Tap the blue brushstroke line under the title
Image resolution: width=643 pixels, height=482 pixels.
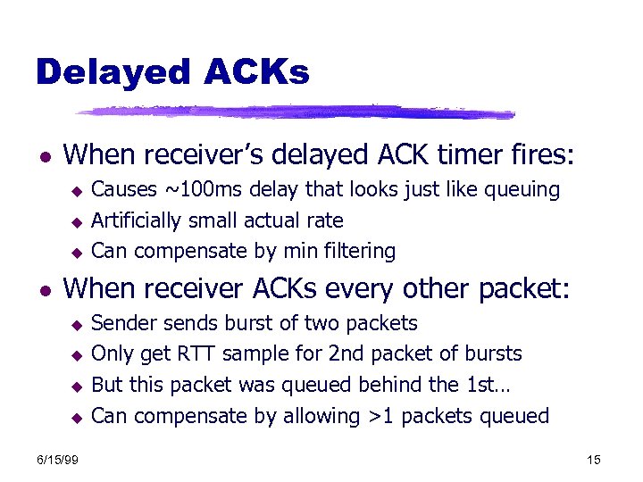(x=295, y=112)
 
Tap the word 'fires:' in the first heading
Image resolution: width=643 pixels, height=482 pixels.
(x=547, y=155)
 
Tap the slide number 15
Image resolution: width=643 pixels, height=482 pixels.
(x=595, y=459)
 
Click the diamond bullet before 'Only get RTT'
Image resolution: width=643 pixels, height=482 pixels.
(x=77, y=355)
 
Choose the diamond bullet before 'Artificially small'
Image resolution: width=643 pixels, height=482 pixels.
(x=77, y=221)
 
